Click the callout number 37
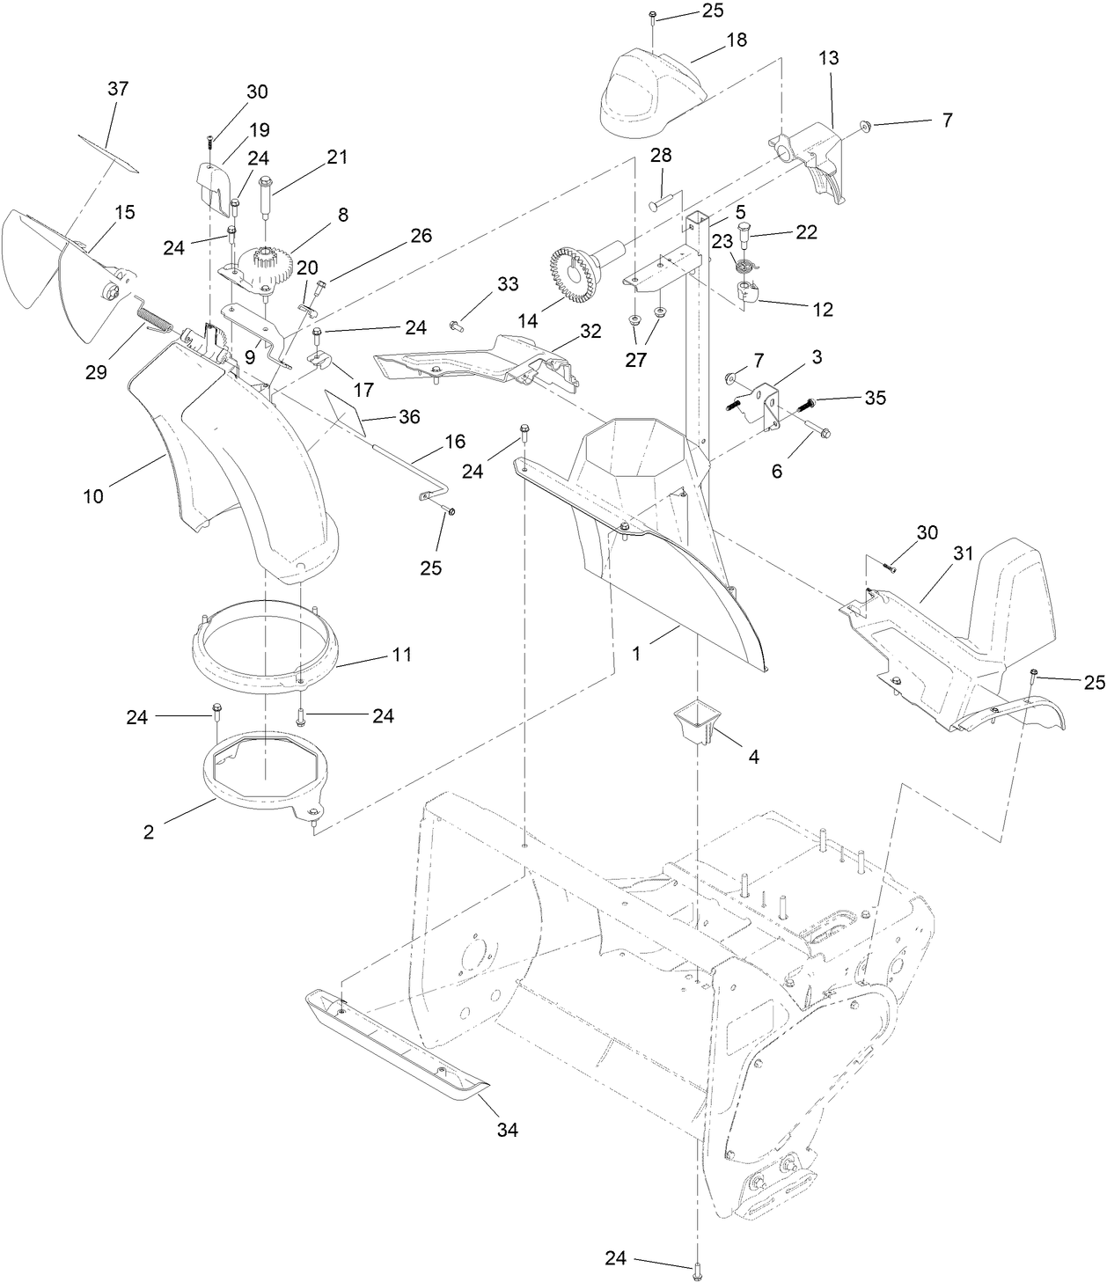pyautogui.click(x=118, y=88)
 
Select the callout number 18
pyautogui.click(x=736, y=40)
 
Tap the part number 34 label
pyautogui.click(x=508, y=1130)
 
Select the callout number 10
pyautogui.click(x=93, y=495)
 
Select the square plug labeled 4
pyautogui.click(x=693, y=722)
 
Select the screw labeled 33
pyautogui.click(x=456, y=326)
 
